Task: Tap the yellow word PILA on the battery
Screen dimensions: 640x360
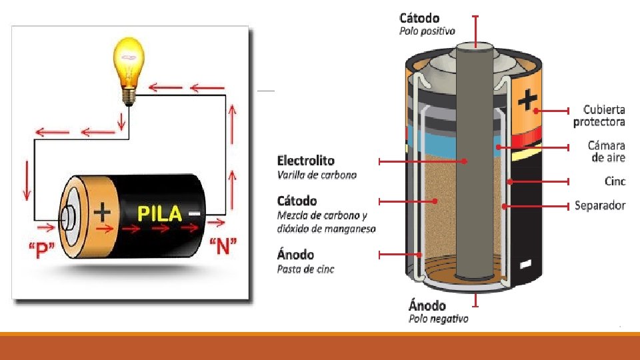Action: click(159, 213)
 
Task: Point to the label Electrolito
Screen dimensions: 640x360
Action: click(305, 161)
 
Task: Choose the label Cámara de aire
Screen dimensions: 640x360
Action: click(606, 151)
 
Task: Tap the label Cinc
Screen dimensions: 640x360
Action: click(615, 181)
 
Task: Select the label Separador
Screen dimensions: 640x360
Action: click(600, 205)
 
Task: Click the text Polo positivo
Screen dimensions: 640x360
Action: click(427, 31)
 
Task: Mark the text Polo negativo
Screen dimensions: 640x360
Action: click(438, 319)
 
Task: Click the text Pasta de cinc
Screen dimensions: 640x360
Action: click(305, 269)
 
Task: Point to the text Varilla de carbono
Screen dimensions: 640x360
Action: click(317, 175)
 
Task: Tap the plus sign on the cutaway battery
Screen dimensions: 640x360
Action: click(527, 100)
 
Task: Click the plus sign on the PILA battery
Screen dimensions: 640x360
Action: click(102, 212)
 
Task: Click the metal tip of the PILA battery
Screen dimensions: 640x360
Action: click(69, 217)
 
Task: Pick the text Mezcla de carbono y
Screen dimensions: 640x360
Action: click(322, 215)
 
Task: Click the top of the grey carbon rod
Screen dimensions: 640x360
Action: click(475, 49)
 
